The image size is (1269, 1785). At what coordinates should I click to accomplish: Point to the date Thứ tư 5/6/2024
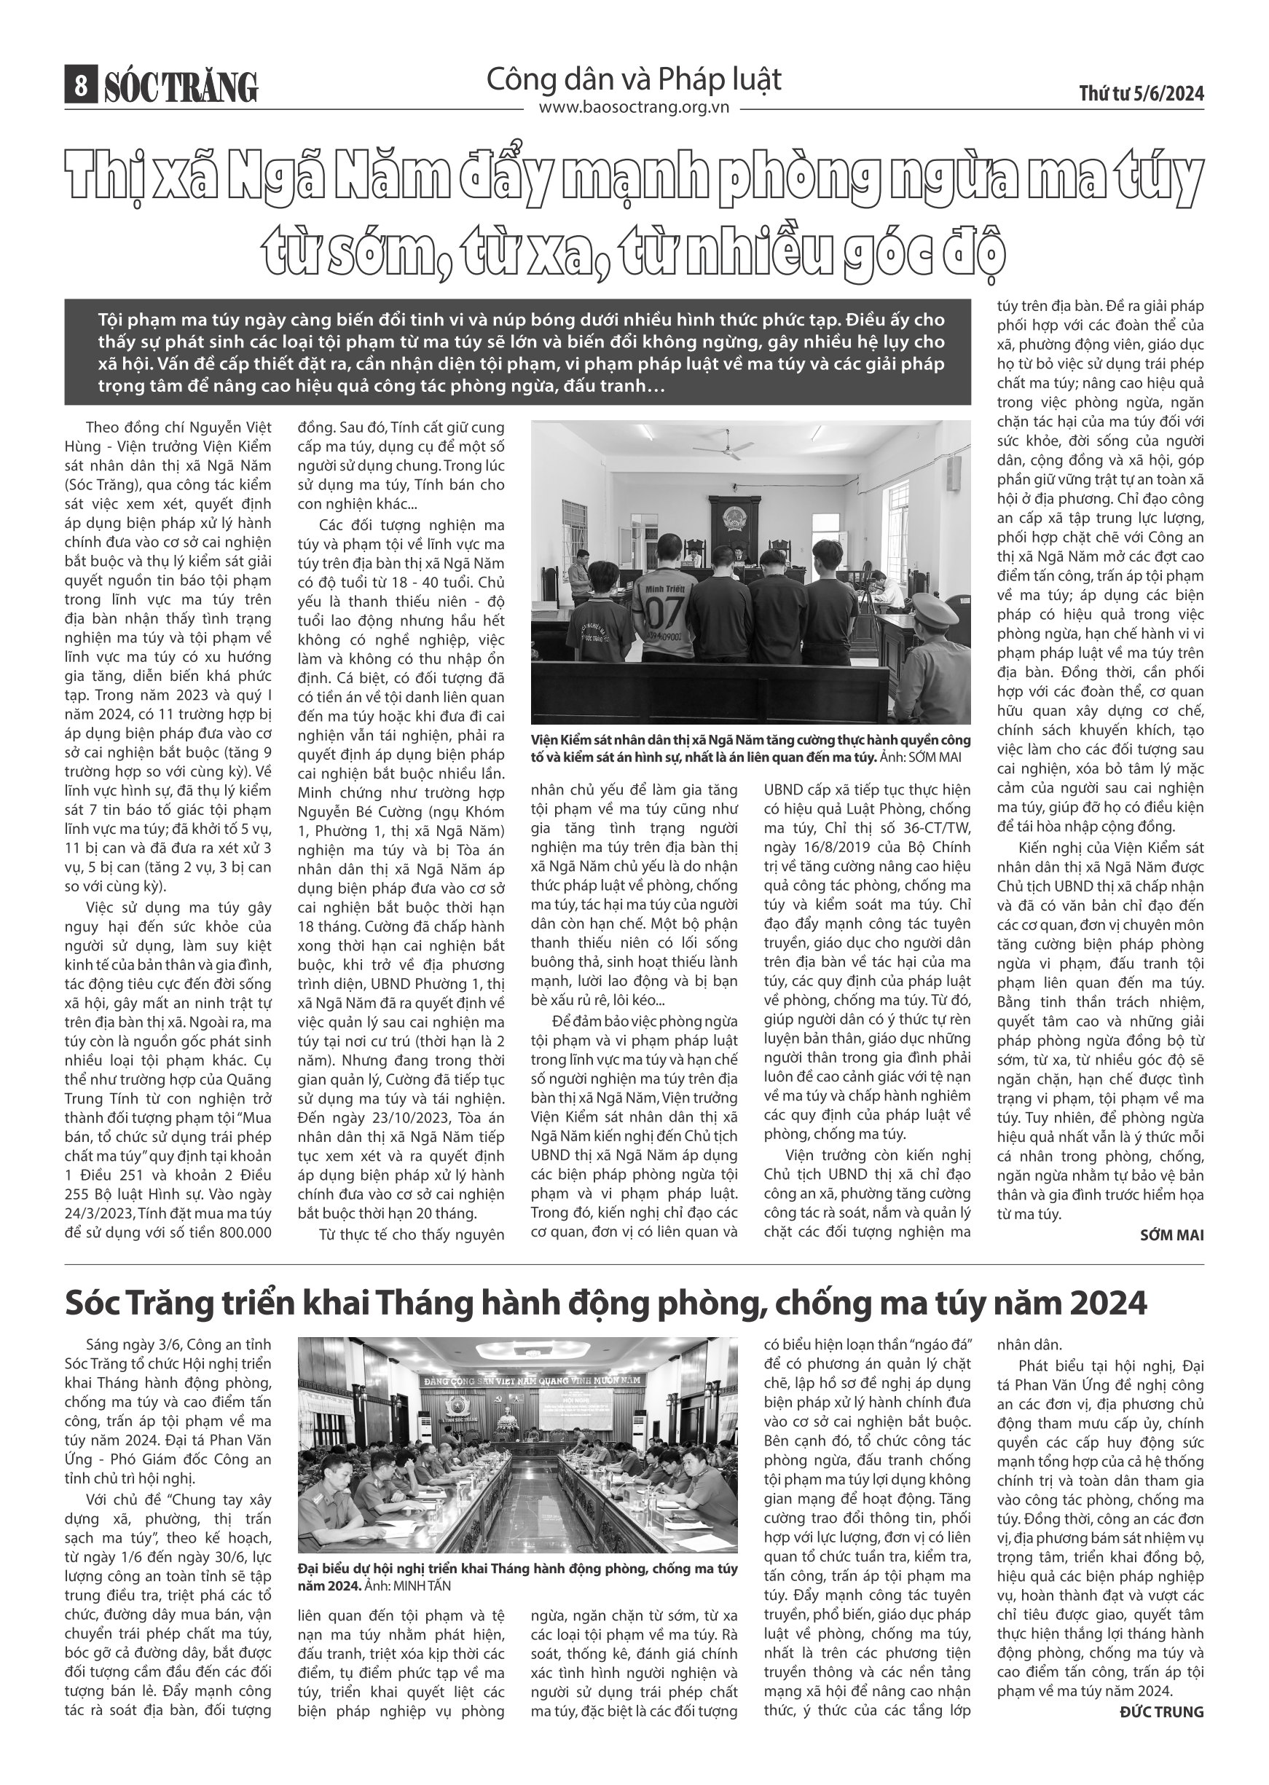(1142, 94)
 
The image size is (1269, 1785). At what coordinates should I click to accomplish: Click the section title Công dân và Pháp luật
(634, 79)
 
